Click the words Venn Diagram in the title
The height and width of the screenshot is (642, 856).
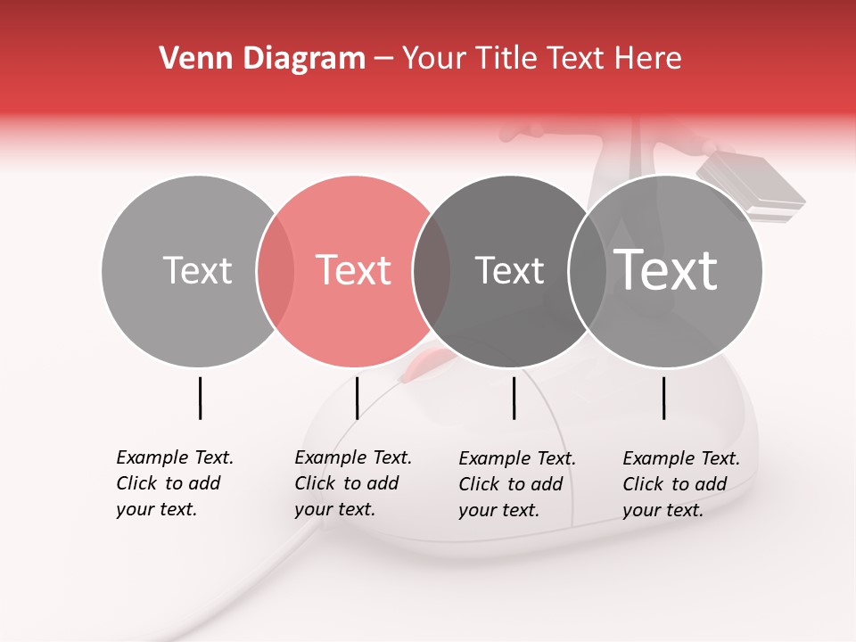tap(262, 59)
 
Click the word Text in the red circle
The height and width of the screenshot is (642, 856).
tap(354, 270)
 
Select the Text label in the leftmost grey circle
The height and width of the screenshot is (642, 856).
tap(197, 270)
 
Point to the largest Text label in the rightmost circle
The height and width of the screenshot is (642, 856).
tap(666, 269)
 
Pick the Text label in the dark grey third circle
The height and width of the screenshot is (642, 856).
tap(509, 270)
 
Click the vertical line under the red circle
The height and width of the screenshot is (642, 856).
tap(357, 398)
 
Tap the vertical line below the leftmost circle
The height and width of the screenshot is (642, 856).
tap(200, 398)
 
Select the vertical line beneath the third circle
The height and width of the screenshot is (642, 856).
tap(514, 398)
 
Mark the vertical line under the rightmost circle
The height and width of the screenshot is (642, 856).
tap(664, 398)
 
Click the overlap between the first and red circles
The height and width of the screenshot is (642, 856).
tap(276, 270)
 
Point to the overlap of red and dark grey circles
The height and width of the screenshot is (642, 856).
tap(432, 270)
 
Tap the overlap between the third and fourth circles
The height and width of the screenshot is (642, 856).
tap(587, 270)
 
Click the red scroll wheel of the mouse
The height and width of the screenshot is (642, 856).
tap(426, 363)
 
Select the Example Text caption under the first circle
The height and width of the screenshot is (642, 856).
tap(174, 483)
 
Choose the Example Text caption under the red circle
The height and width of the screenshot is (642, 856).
tap(352, 483)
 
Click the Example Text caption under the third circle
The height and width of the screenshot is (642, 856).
tap(516, 484)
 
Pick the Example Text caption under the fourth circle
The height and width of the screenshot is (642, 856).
tap(680, 484)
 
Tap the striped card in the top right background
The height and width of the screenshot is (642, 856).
tap(751, 187)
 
